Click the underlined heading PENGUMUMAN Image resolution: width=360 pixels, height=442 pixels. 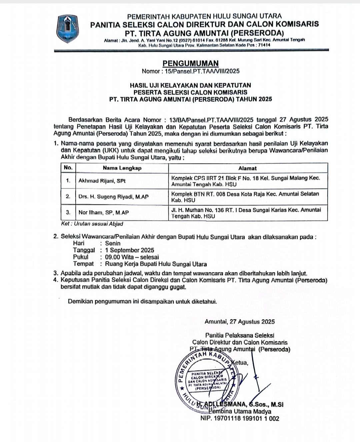[191, 63]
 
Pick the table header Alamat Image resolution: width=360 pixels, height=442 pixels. [247, 168]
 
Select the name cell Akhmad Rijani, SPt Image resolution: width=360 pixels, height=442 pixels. [102, 181]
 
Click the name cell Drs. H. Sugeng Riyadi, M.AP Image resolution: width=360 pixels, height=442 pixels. [113, 197]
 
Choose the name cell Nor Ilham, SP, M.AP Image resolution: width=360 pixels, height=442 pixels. [104, 213]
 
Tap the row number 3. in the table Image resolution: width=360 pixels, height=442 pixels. [68, 212]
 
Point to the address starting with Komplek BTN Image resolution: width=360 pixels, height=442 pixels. [245, 197]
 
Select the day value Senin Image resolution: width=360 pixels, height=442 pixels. [113, 243]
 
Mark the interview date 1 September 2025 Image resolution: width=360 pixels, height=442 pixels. [129, 250]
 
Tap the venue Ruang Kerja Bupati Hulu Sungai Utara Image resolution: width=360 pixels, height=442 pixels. [156, 264]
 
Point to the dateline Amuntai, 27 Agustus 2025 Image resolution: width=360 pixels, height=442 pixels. [240, 321]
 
